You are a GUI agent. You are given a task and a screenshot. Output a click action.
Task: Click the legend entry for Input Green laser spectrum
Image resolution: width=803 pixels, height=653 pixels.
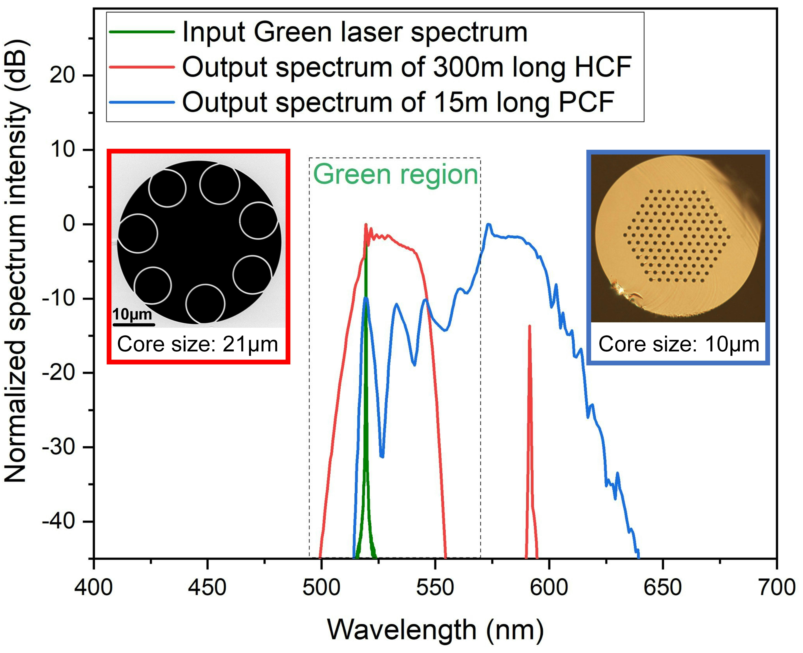click(355, 32)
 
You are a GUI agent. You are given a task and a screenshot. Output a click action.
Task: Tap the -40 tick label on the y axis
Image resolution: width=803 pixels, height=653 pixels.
click(62, 521)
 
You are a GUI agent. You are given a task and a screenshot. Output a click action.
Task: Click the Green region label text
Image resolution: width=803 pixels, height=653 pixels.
click(395, 175)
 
